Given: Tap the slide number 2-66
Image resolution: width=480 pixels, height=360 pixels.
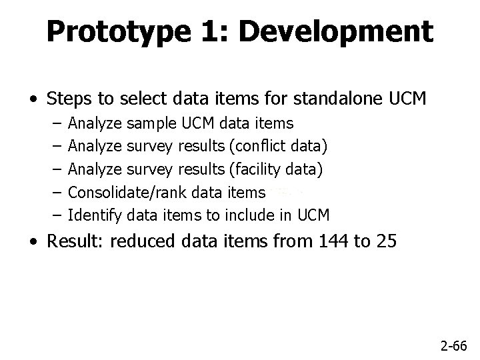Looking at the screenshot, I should (455, 345).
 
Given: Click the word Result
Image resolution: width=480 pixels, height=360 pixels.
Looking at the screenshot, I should (75, 241).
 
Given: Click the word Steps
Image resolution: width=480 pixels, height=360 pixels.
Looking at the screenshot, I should (68, 100).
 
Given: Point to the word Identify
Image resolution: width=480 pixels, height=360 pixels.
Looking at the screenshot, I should (95, 215).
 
